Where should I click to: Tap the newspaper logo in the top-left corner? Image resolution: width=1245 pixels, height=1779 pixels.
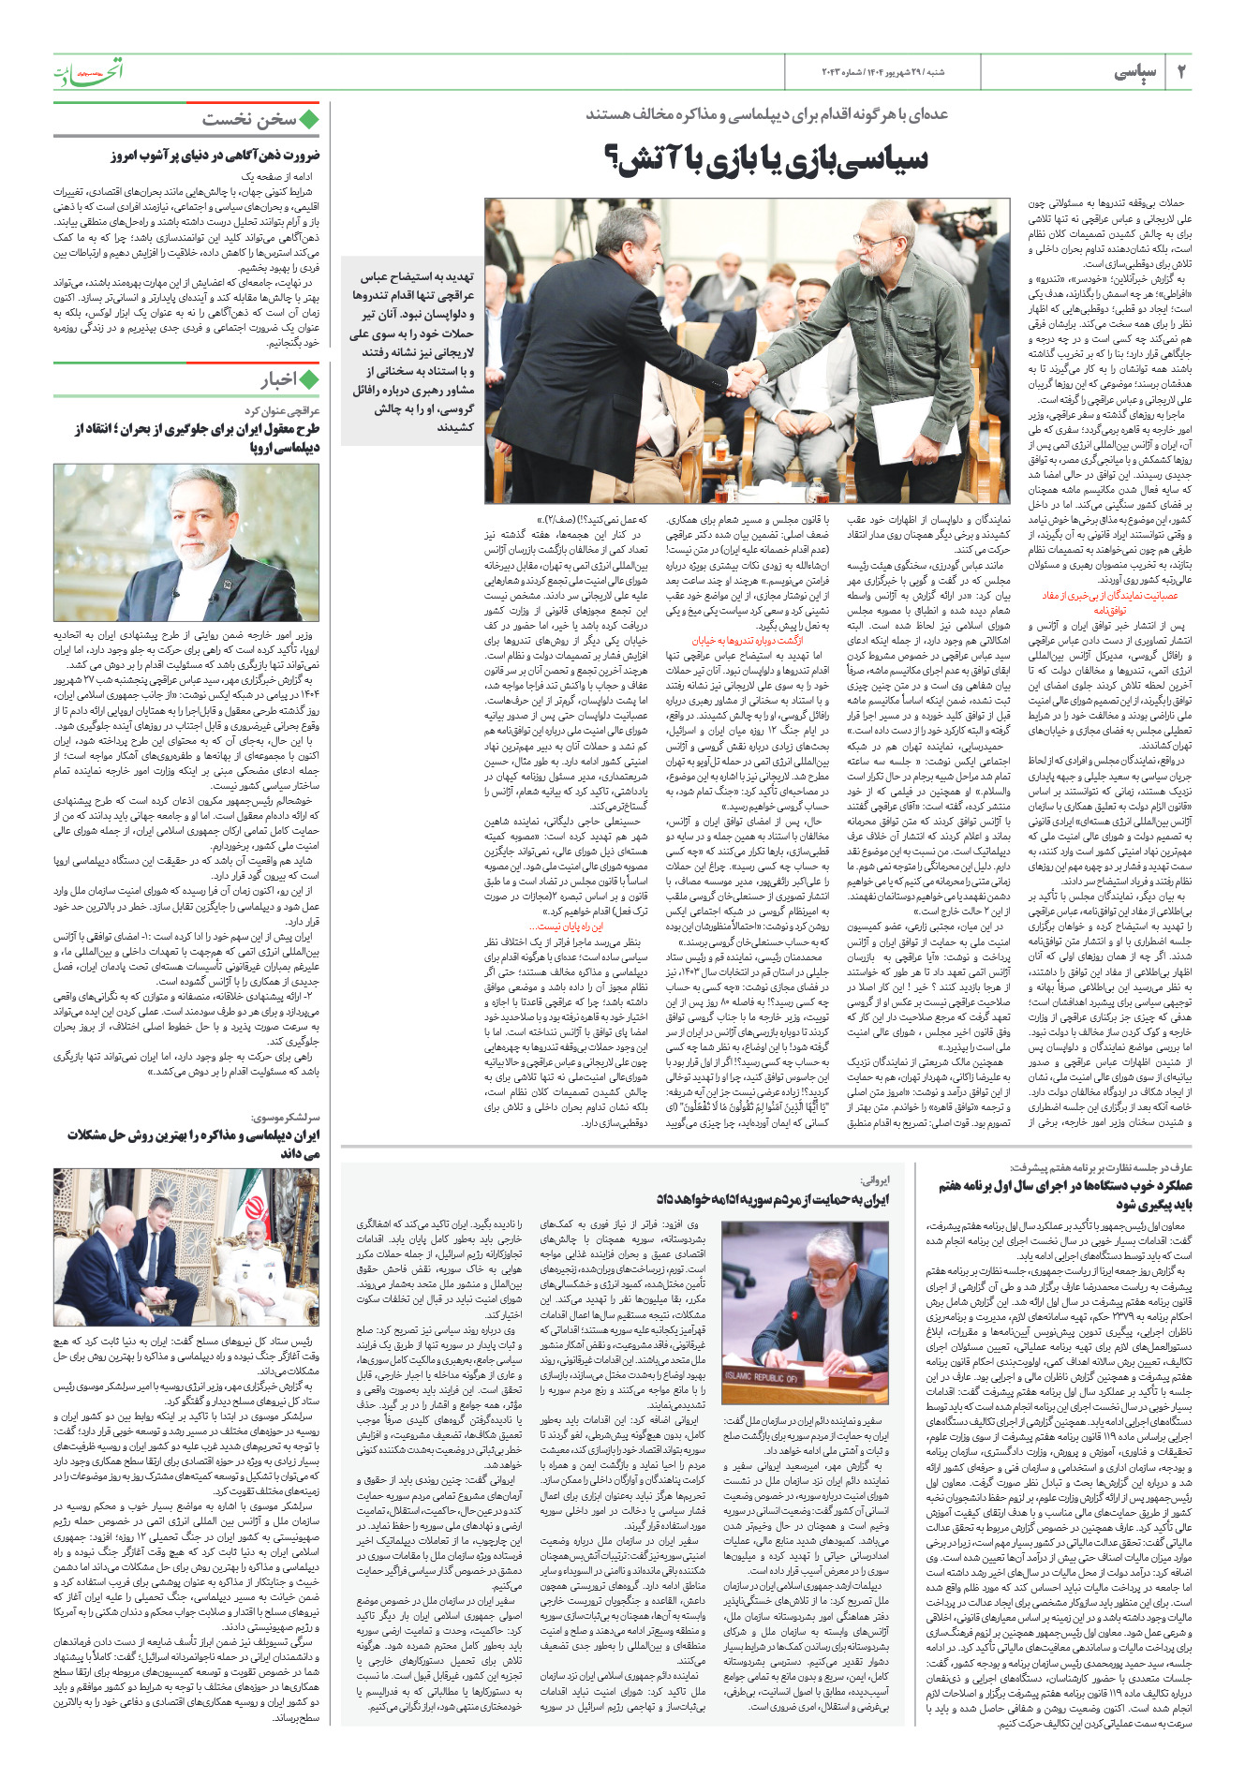pyautogui.click(x=88, y=71)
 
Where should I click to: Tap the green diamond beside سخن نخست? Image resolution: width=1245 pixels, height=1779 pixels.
pyautogui.click(x=308, y=119)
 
